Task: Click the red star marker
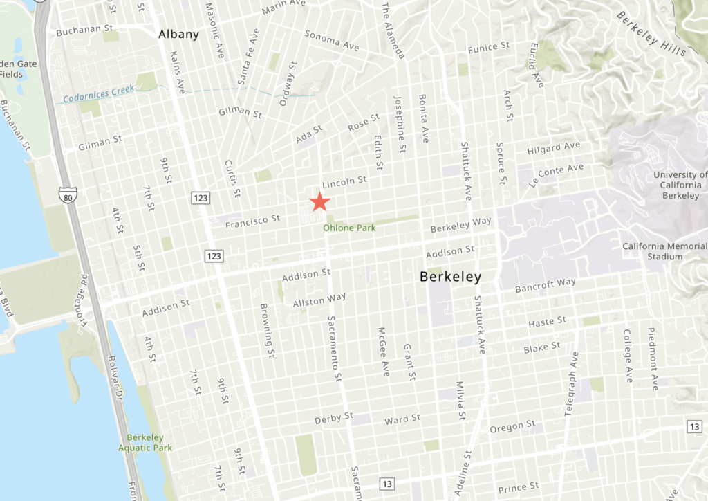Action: click(319, 201)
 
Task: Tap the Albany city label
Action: click(178, 34)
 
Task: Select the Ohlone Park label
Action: click(350, 227)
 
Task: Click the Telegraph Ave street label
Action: click(571, 383)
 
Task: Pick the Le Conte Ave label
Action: click(556, 176)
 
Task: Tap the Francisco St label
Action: click(252, 221)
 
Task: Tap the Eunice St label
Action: click(488, 47)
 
